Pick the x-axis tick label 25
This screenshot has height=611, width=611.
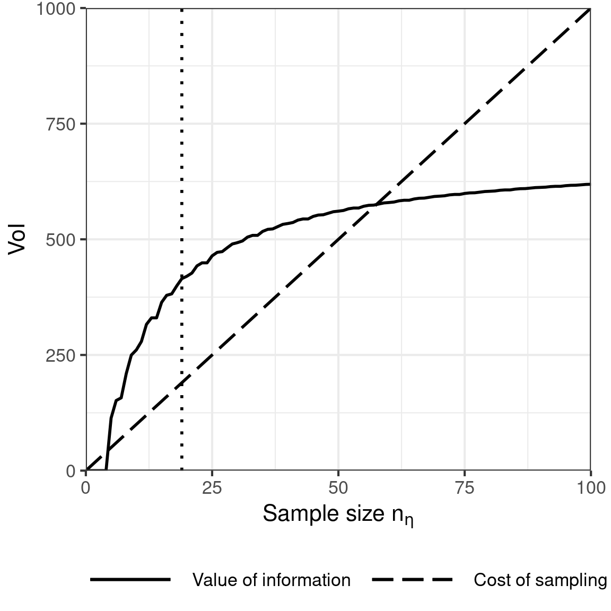(x=212, y=487)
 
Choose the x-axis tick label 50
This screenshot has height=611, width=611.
(x=338, y=487)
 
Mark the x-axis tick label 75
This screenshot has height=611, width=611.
(x=465, y=487)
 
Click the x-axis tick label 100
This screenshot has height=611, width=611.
(x=590, y=487)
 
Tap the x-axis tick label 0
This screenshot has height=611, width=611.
(x=86, y=487)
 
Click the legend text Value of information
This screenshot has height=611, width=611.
(x=271, y=580)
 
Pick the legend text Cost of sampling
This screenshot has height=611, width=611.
(x=540, y=580)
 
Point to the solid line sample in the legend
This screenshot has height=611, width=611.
(x=130, y=580)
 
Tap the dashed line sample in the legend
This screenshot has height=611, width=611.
(x=412, y=580)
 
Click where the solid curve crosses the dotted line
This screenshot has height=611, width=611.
(x=182, y=278)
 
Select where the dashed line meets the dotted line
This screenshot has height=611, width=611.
(x=182, y=383)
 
